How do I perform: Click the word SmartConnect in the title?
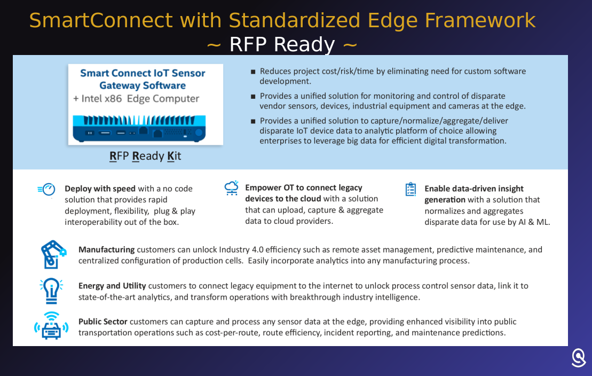click(101, 20)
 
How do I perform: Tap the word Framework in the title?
click(480, 20)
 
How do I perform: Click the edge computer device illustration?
click(139, 129)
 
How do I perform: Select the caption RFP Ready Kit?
click(145, 156)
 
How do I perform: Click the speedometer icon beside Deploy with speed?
click(47, 189)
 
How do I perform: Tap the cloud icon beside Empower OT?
click(232, 188)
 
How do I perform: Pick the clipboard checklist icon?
click(411, 189)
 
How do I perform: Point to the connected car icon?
click(51, 326)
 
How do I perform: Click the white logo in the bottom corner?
click(578, 357)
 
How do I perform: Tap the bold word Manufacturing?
click(106, 250)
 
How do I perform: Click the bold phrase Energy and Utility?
click(112, 286)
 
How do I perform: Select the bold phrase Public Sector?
click(102, 322)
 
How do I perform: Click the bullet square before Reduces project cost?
click(253, 72)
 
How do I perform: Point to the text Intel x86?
click(101, 99)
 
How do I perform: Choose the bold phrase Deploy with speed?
click(100, 189)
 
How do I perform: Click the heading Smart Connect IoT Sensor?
click(143, 73)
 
